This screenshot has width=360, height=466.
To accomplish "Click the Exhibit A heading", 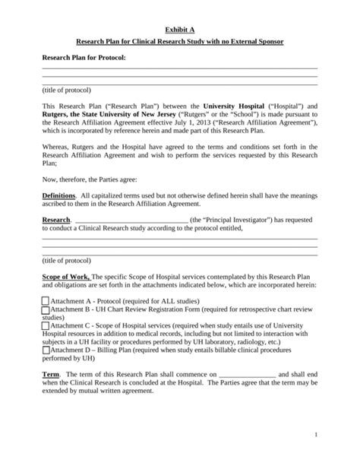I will coord(179,28).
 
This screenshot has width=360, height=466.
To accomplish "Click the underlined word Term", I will coord(50,374).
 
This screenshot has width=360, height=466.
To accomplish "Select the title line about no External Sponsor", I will coord(179,43).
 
